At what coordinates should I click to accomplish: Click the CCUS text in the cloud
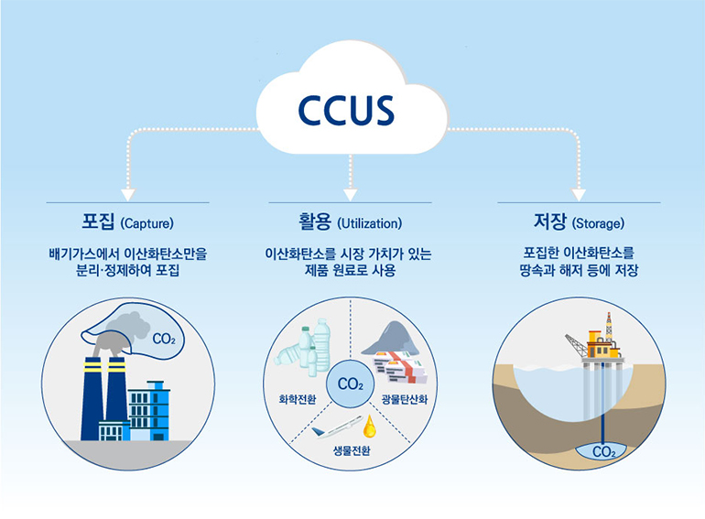[346, 111]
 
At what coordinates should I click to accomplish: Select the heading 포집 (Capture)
[127, 222]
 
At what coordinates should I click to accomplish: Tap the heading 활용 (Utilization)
[349, 222]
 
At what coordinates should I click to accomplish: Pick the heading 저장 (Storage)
[579, 222]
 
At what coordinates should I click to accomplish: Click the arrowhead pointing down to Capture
[128, 194]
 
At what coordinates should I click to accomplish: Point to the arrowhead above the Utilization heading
[350, 194]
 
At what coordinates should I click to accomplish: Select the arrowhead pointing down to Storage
[578, 194]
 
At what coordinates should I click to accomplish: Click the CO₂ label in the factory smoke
[164, 339]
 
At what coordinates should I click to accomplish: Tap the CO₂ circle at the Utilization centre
[350, 384]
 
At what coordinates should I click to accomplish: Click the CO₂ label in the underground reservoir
[603, 451]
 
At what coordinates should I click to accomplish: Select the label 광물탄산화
[404, 399]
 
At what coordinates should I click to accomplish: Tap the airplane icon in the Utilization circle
[332, 428]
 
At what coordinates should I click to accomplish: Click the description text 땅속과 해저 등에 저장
[578, 272]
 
